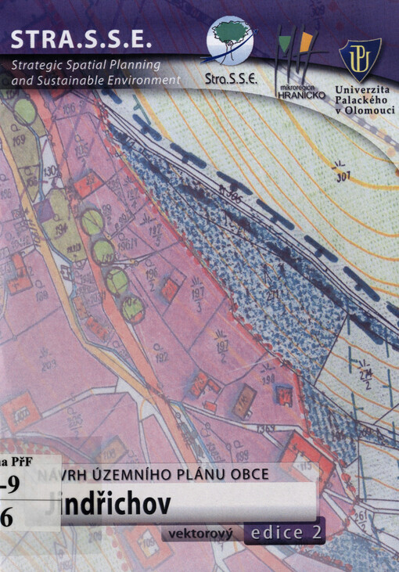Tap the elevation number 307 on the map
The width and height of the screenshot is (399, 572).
(x=340, y=176)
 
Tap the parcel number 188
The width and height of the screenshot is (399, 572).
(x=41, y=296)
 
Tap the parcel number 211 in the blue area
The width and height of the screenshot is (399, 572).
(x=275, y=295)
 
